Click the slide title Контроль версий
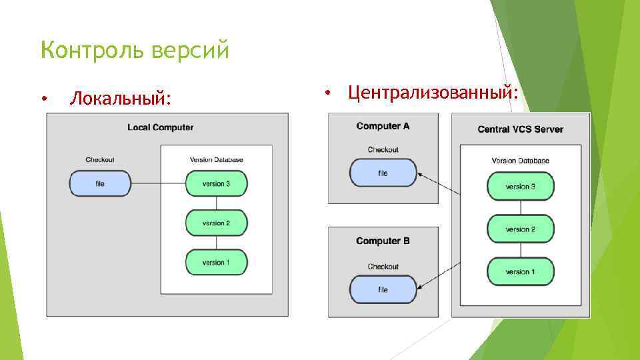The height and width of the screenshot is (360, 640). click(x=135, y=50)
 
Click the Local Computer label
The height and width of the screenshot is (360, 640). click(x=161, y=127)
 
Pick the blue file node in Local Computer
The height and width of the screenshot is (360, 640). click(x=100, y=183)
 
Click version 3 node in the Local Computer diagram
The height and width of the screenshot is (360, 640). click(x=216, y=183)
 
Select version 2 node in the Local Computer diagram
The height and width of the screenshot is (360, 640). click(x=216, y=223)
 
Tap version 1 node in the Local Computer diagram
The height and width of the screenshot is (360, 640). click(x=216, y=262)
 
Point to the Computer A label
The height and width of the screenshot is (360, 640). click(x=383, y=126)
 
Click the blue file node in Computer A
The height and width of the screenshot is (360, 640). click(x=383, y=173)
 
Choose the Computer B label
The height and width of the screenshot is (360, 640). click(x=383, y=241)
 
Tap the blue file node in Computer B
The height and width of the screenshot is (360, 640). click(x=383, y=289)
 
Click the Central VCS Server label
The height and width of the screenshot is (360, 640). click(x=520, y=129)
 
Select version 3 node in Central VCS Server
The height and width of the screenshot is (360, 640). click(x=520, y=187)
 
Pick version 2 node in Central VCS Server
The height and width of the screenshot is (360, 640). click(x=520, y=229)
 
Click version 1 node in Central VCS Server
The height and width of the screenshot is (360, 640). click(x=520, y=271)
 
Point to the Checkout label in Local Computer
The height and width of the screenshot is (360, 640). click(x=100, y=159)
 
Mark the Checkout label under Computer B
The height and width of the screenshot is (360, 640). click(x=383, y=267)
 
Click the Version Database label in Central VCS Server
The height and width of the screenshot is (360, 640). click(x=520, y=161)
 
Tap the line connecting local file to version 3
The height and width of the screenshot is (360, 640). click(x=157, y=183)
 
